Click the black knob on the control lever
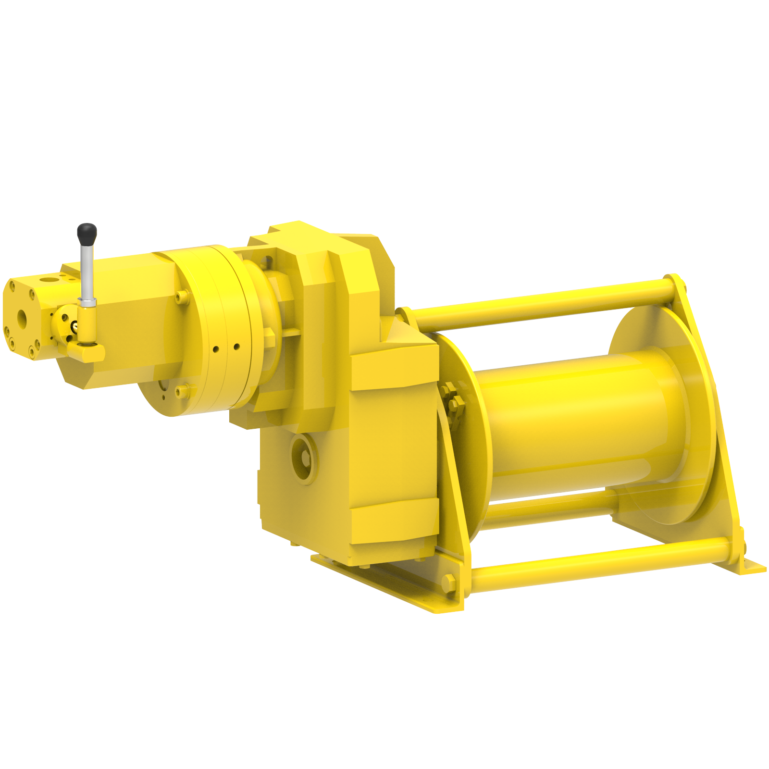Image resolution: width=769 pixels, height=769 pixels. [x=87, y=233]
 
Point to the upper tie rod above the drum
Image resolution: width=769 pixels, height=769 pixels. [x=543, y=303]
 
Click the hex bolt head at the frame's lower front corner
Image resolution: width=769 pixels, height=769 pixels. [x=449, y=582]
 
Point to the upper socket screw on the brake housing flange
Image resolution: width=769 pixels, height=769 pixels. [x=181, y=297]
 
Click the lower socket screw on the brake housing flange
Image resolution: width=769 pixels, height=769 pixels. [x=181, y=391]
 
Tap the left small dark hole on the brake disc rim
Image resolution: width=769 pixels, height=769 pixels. [x=216, y=349]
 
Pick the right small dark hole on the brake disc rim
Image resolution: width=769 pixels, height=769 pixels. [x=236, y=346]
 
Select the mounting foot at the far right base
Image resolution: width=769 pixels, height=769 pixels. [x=750, y=567]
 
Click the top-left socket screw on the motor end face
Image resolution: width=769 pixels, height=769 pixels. [x=12, y=287]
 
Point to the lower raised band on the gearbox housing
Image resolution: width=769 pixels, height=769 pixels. [x=394, y=521]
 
